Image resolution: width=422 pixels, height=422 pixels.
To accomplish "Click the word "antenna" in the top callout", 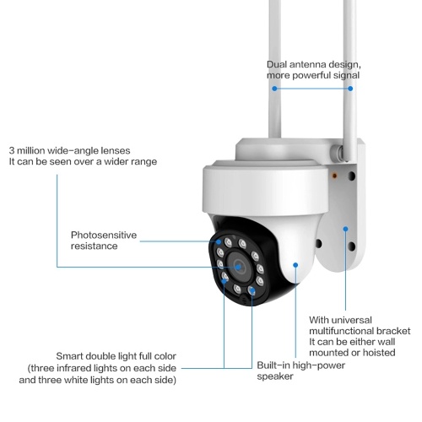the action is coord(307,64).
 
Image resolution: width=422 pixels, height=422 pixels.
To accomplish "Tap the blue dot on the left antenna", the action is coord(274,89).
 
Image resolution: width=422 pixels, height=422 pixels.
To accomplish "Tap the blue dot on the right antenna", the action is coord(350,89).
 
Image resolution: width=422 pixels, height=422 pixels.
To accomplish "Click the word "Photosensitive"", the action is coord(104,235).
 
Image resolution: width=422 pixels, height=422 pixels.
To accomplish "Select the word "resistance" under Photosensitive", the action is coord(95,246).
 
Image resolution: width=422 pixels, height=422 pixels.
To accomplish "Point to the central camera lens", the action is coord(239,267).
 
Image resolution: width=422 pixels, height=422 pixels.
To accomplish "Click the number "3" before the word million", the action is coord(12,150).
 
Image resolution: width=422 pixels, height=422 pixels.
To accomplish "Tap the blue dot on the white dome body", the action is coord(295,265).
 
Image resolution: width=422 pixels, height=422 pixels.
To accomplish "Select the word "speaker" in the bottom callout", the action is coord(275,376).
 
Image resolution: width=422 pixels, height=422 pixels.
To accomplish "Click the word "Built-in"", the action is coord(273,365).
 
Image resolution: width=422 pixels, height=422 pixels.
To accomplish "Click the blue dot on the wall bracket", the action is coord(345,229).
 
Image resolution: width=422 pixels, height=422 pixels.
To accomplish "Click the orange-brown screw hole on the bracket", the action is coord(334,176).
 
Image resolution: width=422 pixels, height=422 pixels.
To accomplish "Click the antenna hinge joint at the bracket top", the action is coord(338,154).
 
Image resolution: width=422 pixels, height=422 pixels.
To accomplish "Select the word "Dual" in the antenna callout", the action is coord(277,64).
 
